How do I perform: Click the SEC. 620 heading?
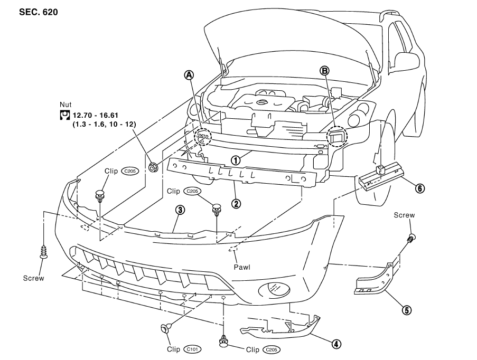(39, 12)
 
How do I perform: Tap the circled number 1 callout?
(236, 160)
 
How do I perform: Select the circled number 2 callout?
(236, 203)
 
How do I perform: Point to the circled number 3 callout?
(180, 210)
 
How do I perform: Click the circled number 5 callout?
(406, 310)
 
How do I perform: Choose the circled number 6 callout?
(420, 188)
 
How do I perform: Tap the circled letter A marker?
(189, 75)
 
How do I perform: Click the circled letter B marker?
(324, 71)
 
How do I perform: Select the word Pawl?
(242, 267)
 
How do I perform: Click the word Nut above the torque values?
(66, 105)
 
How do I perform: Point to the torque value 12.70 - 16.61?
(96, 116)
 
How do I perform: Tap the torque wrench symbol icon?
(64, 116)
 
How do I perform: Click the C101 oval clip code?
(193, 349)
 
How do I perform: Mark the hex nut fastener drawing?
(153, 167)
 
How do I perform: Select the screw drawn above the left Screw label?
(44, 252)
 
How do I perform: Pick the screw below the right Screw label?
(411, 238)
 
